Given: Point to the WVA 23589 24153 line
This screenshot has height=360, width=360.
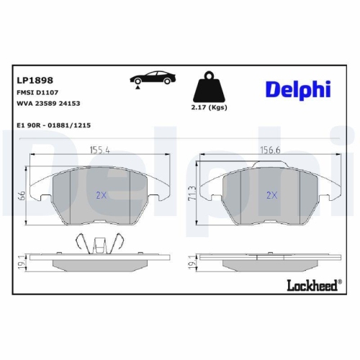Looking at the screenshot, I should coord(48,103).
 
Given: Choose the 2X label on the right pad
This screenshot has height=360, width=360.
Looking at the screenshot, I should coord(271,194).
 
